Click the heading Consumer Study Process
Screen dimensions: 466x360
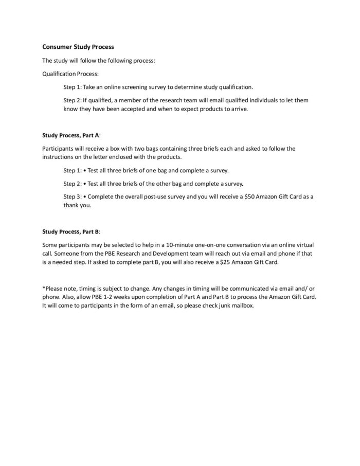(78, 47)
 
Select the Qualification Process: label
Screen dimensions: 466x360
(67, 74)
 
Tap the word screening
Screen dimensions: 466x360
(147, 87)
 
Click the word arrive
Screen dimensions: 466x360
(237, 109)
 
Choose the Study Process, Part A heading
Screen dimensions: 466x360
(71, 135)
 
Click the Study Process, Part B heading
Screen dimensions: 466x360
(71, 231)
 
